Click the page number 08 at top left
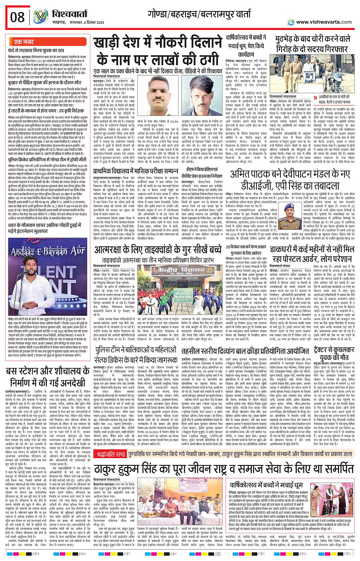point(17,17)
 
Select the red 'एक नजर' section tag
point(24,42)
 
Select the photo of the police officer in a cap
point(290,216)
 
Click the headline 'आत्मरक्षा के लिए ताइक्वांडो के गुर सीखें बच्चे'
point(158,250)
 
